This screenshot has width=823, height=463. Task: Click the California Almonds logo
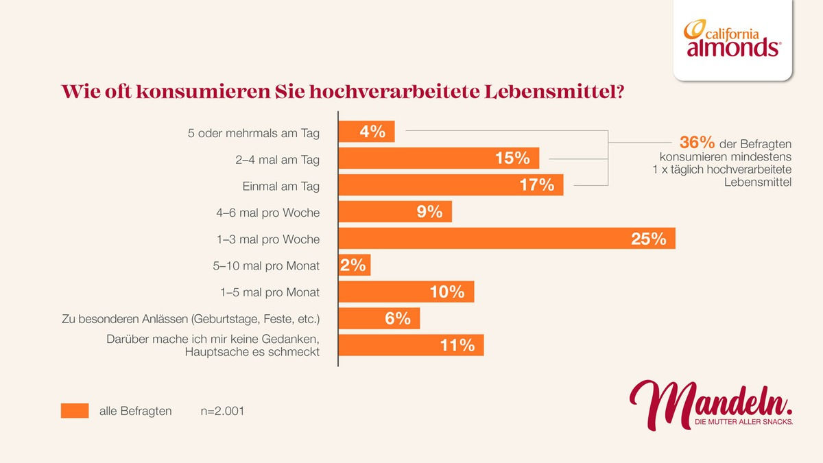[732, 39]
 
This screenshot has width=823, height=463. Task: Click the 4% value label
[372, 132]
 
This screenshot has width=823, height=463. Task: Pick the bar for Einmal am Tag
[451, 185]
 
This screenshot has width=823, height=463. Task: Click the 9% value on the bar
[429, 212]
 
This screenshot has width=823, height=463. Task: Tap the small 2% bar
[355, 265]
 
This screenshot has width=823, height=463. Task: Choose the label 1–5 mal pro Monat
[270, 292]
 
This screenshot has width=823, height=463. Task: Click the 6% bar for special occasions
[379, 318]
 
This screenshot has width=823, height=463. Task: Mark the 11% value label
[457, 345]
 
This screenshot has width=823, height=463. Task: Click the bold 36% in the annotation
[697, 143]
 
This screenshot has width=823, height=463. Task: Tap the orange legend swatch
[75, 411]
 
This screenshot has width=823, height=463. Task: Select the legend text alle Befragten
[136, 412]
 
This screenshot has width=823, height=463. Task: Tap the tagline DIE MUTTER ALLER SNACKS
[743, 422]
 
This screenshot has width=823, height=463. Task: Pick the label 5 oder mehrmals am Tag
[254, 133]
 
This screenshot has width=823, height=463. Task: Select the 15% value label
[512, 158]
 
